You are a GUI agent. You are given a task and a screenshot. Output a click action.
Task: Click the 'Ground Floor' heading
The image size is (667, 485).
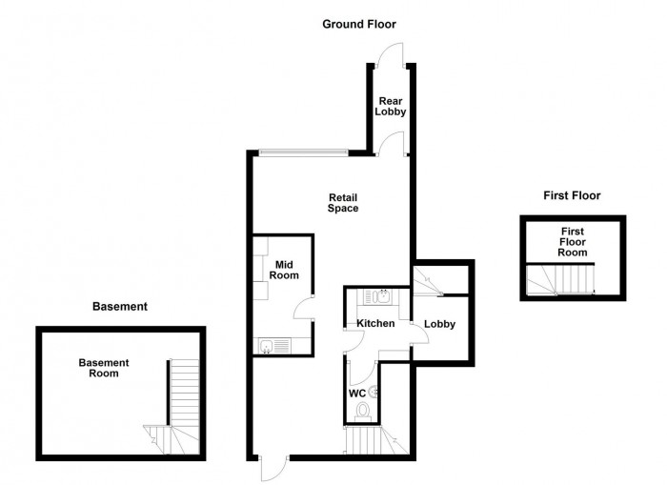click(358, 24)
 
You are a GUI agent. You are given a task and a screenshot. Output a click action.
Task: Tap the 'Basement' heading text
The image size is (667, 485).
click(119, 307)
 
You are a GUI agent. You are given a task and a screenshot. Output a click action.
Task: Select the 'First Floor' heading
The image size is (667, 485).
click(572, 195)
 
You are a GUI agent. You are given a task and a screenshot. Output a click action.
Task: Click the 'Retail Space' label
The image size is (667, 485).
click(343, 202)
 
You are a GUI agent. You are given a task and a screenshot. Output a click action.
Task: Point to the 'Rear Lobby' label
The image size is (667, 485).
click(392, 106)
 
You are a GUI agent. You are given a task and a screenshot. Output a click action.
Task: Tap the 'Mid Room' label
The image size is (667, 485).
click(286, 270)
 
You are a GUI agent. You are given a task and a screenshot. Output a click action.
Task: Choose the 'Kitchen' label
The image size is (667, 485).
click(375, 324)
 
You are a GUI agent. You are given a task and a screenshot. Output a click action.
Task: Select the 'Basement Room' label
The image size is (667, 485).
click(104, 368)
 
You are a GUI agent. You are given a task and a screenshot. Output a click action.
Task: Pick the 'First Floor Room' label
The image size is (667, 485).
click(572, 242)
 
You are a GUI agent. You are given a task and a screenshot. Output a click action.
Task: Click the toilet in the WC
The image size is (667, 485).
click(362, 411)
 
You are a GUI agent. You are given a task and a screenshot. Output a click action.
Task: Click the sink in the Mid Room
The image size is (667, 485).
click(268, 346)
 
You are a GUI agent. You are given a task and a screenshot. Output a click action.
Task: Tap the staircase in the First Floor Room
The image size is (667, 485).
click(562, 279)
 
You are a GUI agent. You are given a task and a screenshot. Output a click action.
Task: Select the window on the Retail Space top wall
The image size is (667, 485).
click(304, 152)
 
